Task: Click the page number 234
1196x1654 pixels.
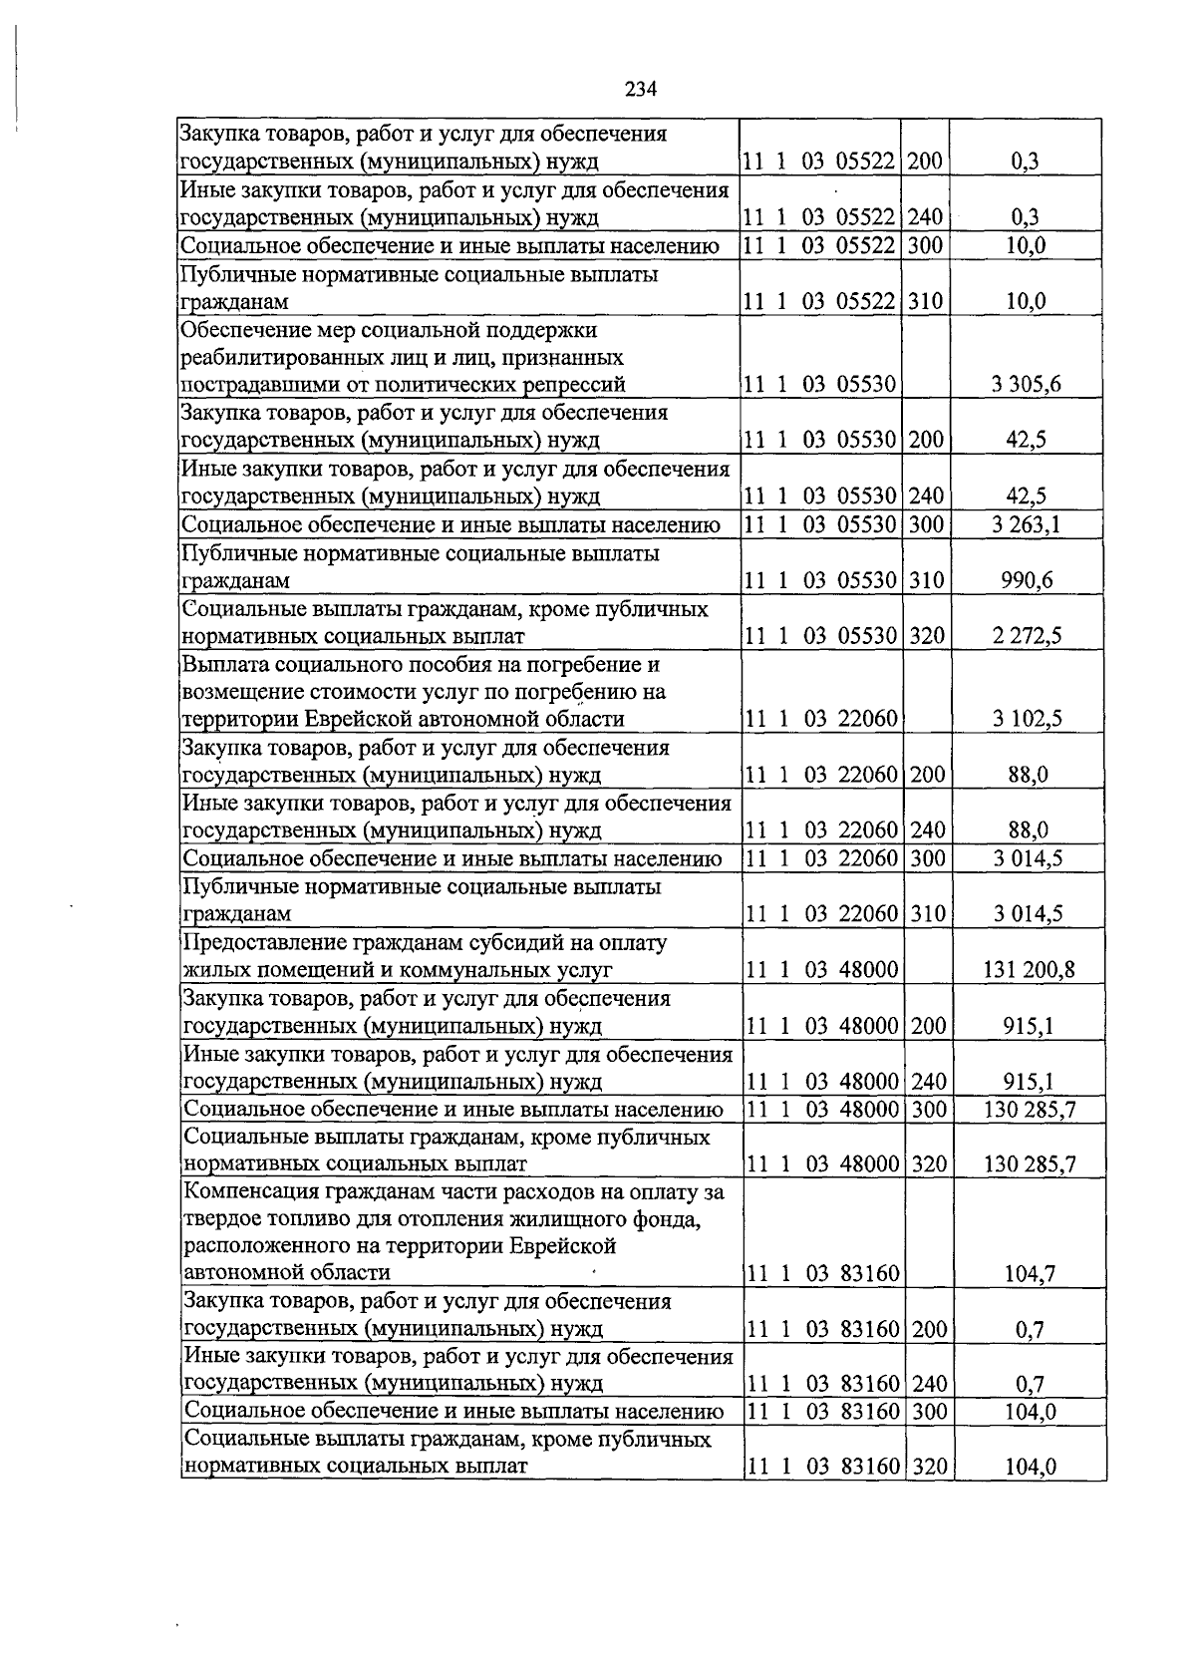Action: pos(641,89)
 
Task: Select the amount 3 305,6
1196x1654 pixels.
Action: pos(1026,385)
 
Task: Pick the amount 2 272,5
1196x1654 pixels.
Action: pos(1026,636)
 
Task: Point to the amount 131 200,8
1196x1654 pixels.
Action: pos(1029,970)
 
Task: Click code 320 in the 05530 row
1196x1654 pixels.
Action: pos(927,636)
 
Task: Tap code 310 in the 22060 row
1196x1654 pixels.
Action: pos(927,913)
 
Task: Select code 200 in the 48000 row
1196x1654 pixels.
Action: pos(927,1026)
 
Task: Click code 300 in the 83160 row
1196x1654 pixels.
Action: pos(927,1411)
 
